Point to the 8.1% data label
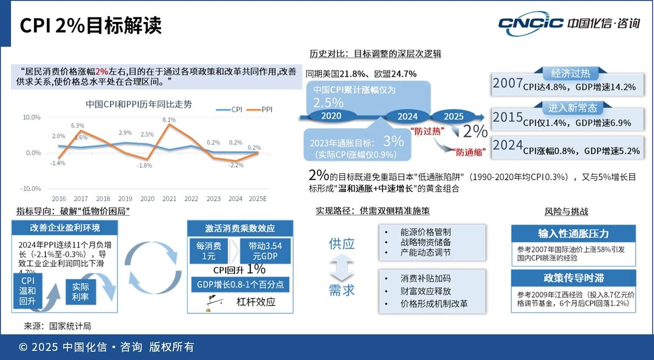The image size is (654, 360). pos(169,120)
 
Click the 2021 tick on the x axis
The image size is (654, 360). pos(169,199)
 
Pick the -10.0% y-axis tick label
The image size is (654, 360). pos(31,188)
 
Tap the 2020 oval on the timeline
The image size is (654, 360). pos(331,116)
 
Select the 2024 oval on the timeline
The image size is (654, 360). pos(407,116)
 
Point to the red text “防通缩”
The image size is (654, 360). pos(469,152)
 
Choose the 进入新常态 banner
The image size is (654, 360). pos(573,108)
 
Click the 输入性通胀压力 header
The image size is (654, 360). pos(573,233)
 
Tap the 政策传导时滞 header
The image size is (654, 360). pos(573,278)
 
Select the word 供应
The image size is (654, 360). pos(342,244)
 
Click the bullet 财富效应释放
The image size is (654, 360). pos(425,291)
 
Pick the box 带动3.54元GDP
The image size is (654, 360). pos(265,251)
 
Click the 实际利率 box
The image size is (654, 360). pos(80,292)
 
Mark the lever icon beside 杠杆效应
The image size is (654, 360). pos(212,302)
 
